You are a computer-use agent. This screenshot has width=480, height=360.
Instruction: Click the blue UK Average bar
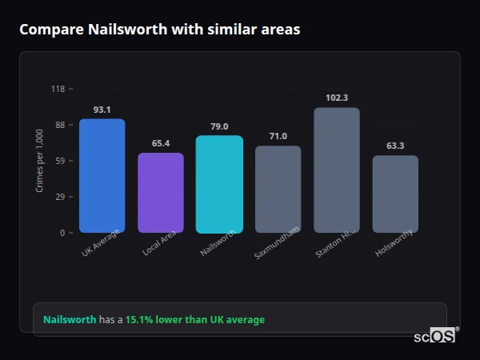(x=102, y=176)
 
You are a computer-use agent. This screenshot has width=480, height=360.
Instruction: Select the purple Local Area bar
(x=161, y=193)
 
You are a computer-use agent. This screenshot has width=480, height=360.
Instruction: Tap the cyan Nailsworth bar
(x=219, y=184)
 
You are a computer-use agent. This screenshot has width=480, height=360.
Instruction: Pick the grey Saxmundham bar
(x=278, y=190)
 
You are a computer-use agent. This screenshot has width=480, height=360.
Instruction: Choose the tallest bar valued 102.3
(x=337, y=170)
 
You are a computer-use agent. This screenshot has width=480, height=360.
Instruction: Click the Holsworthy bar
(x=395, y=194)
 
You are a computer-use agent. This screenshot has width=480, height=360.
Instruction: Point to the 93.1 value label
(x=102, y=110)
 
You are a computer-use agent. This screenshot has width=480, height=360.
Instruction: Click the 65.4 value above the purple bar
(x=161, y=143)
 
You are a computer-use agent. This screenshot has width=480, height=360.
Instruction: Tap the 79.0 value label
(x=219, y=126)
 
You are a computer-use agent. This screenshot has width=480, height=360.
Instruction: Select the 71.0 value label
(x=278, y=137)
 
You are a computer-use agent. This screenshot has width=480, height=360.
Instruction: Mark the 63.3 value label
(x=395, y=146)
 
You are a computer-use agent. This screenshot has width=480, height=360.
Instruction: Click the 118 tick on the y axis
(x=58, y=89)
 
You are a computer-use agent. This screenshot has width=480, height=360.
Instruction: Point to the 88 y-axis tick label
(x=60, y=125)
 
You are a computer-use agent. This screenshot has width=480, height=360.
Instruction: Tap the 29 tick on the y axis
(x=60, y=197)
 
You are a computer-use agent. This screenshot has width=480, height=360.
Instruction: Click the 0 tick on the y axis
(x=62, y=233)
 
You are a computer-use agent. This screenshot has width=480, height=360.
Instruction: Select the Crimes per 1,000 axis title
(x=40, y=161)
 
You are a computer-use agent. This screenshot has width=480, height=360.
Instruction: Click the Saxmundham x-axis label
(x=278, y=242)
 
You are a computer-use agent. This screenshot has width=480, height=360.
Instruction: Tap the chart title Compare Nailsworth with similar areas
(x=160, y=30)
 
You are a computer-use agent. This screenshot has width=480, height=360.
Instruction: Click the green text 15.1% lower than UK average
(x=194, y=320)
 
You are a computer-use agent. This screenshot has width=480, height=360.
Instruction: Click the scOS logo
(x=435, y=337)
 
